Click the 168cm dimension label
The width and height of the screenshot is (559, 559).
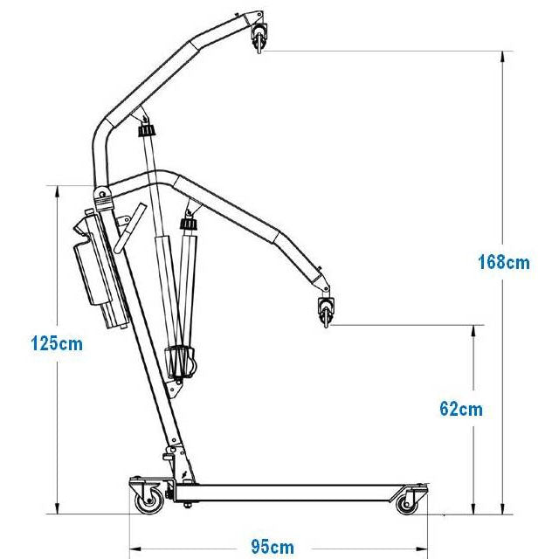(x=504, y=262)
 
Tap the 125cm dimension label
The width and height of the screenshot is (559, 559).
(x=57, y=343)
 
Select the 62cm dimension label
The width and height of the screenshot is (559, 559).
(x=461, y=409)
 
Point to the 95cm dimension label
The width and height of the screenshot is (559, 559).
(x=273, y=547)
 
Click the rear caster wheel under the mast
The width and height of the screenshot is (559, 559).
(x=149, y=501)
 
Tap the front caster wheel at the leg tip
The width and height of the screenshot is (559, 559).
(x=407, y=504)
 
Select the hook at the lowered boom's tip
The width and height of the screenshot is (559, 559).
(x=326, y=311)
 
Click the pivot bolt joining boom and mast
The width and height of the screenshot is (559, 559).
(x=102, y=194)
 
